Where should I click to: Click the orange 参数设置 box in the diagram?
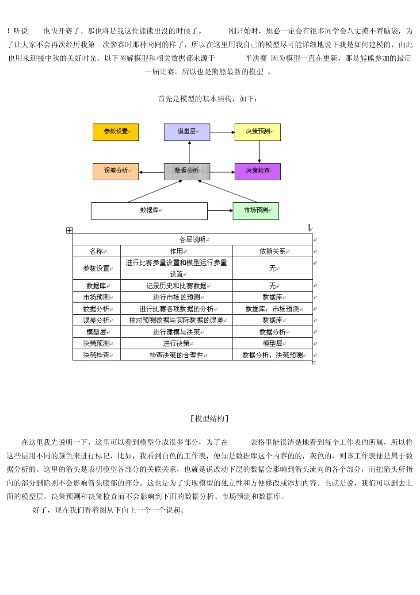click(116, 132)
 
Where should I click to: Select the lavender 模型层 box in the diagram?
click(187, 132)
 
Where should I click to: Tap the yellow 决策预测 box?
click(258, 132)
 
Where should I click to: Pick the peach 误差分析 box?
click(116, 171)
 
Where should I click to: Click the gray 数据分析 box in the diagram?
click(187, 171)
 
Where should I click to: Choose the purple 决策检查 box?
click(258, 171)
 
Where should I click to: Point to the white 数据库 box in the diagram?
click(149, 211)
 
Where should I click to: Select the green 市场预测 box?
click(256, 211)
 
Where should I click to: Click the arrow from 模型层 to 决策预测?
click(222, 132)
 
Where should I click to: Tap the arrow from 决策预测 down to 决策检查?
click(259, 152)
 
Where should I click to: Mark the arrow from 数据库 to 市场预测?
click(220, 211)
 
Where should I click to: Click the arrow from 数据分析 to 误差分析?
click(151, 172)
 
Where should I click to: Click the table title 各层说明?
click(193, 240)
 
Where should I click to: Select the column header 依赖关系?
click(273, 251)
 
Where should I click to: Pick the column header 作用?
click(176, 251)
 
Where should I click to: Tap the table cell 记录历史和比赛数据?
click(176, 286)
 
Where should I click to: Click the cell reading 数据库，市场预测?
click(273, 309)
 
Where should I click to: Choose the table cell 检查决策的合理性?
click(176, 355)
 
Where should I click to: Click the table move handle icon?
click(69, 230)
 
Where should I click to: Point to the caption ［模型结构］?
click(210, 419)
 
